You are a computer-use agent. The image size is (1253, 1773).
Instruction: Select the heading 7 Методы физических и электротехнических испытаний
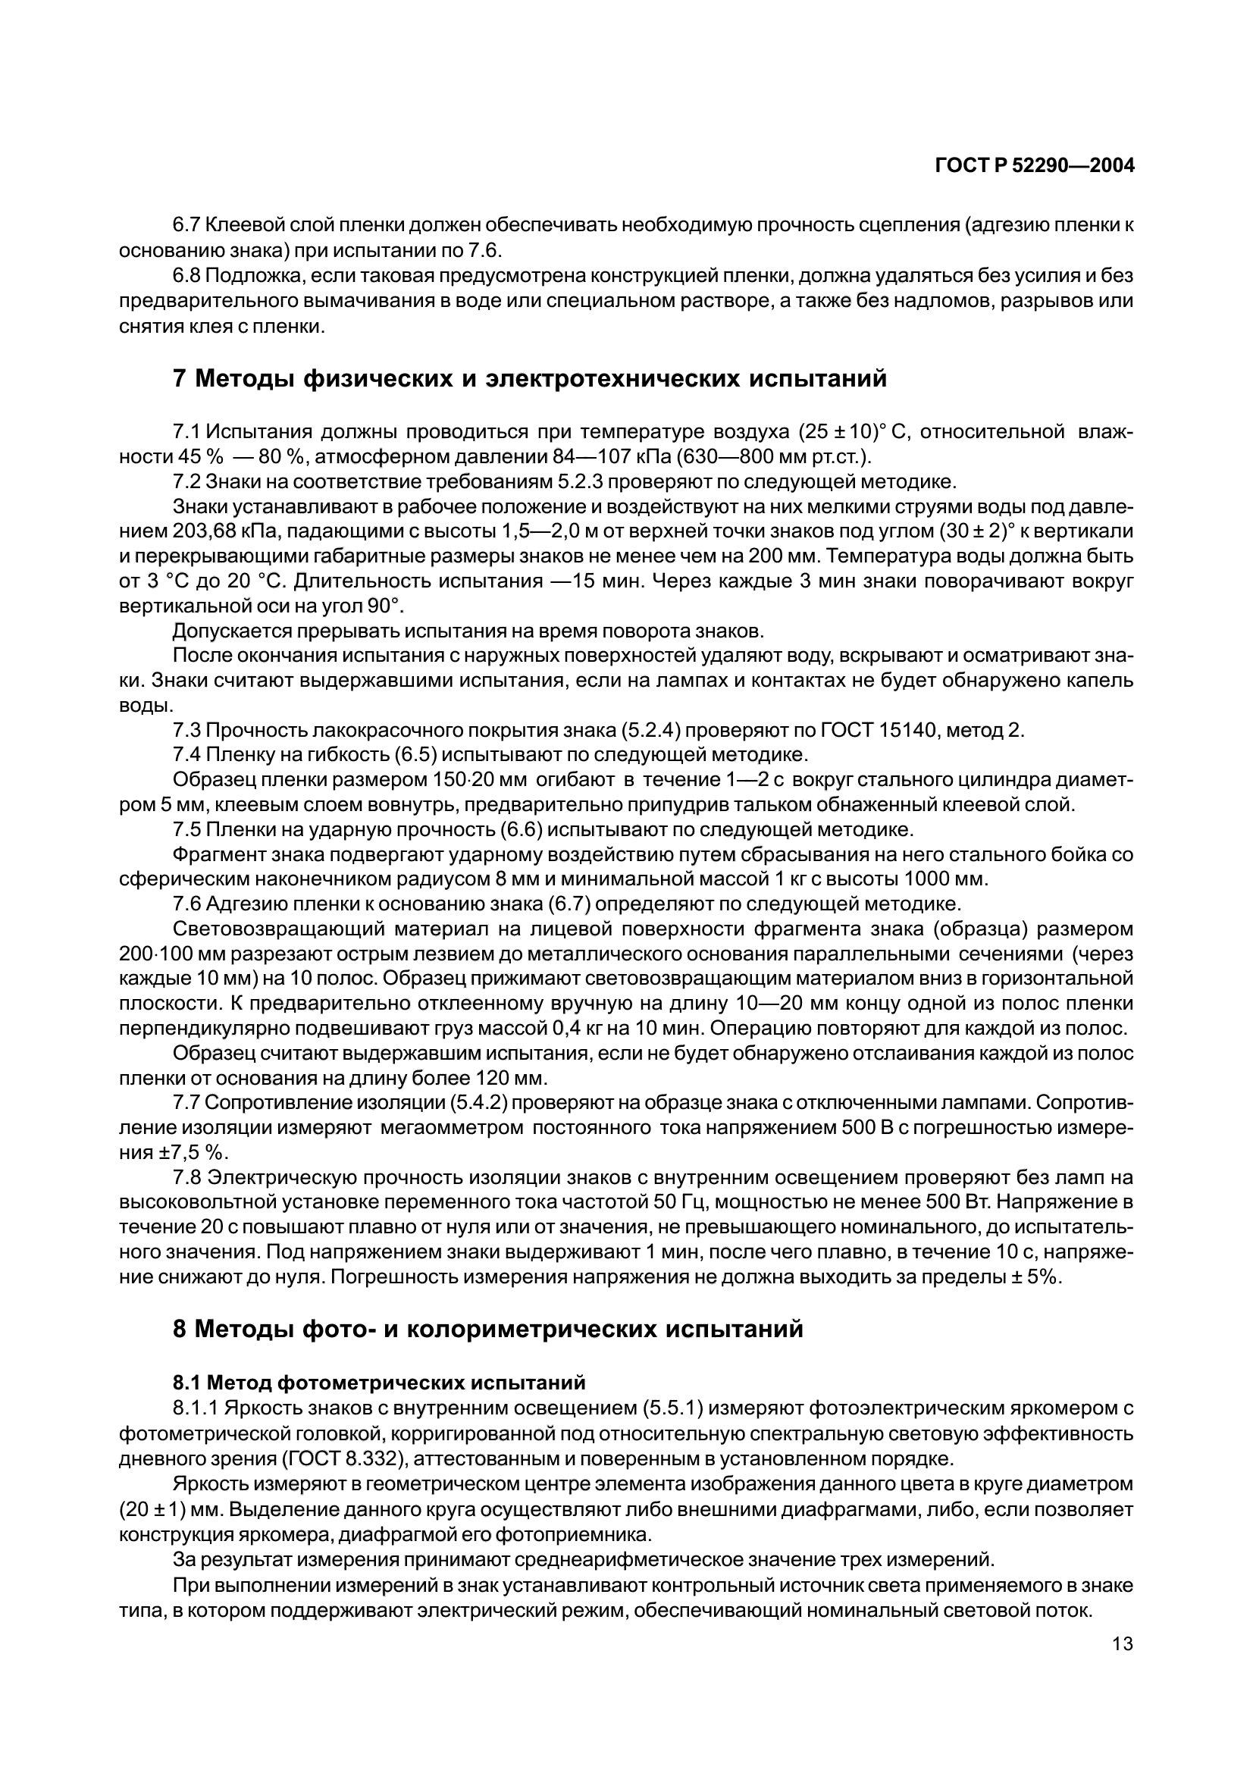click(530, 379)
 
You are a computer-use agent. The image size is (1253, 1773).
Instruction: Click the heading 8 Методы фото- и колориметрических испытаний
click(488, 1329)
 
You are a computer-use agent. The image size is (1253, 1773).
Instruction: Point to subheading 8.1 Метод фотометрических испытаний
click(379, 1382)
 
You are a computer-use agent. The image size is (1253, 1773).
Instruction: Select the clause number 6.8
click(186, 276)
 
